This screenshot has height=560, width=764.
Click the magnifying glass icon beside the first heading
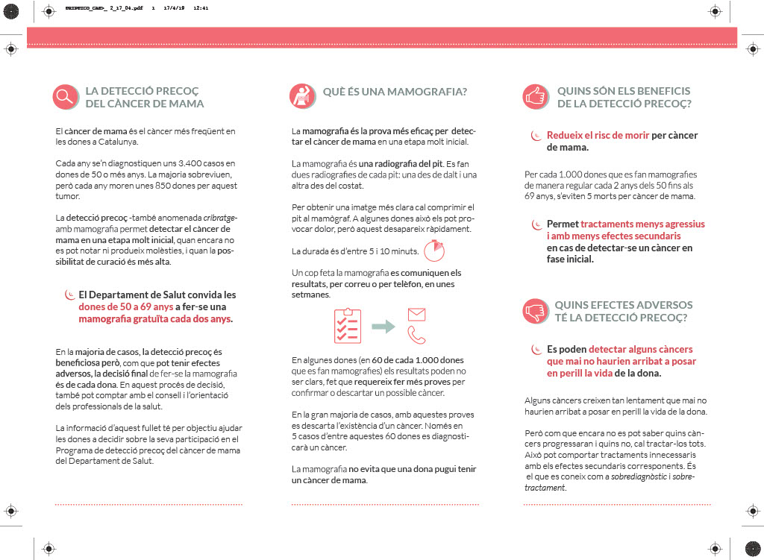pos(66,96)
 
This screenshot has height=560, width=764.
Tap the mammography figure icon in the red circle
pos(301,95)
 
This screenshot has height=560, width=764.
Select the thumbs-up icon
pos(534,96)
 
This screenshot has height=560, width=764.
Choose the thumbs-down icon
pos(534,310)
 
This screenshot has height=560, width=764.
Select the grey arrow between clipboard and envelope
pos(383,326)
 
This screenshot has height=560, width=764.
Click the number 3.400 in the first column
pos(174,163)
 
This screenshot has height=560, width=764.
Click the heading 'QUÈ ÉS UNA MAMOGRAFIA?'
pos(395,92)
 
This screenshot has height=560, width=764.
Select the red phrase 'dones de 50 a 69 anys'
pos(126,306)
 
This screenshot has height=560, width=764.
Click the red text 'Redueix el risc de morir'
pos(598,136)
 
